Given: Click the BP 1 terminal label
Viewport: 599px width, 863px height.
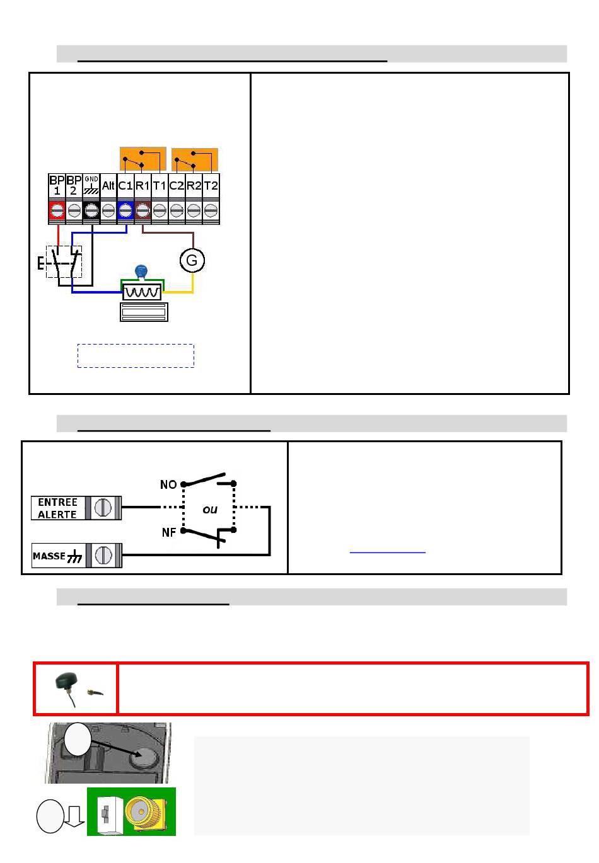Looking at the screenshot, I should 57,185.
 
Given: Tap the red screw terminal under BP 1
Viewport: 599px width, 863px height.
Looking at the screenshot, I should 57,210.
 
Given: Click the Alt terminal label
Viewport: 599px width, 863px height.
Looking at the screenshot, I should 108,186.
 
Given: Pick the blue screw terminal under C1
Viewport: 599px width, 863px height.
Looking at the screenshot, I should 125,210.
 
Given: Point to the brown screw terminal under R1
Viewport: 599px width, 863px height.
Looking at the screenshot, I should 142,210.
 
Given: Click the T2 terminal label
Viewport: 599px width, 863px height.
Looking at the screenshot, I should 211,186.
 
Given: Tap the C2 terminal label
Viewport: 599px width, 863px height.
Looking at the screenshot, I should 177,186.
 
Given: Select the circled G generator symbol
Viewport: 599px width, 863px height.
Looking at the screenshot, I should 192,260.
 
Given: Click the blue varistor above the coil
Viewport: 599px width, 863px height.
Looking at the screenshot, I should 142,271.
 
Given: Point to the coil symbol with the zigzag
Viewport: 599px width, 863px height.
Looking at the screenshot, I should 142,292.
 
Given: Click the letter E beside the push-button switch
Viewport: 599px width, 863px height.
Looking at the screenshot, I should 40,263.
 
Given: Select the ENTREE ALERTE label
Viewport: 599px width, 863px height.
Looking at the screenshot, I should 57,508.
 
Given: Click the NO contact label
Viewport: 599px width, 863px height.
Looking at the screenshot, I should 168,484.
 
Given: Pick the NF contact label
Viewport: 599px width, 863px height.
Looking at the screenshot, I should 168,532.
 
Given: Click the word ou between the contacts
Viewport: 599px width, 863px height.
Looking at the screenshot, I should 209,509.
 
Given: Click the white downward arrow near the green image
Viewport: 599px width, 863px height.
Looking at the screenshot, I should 75,816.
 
